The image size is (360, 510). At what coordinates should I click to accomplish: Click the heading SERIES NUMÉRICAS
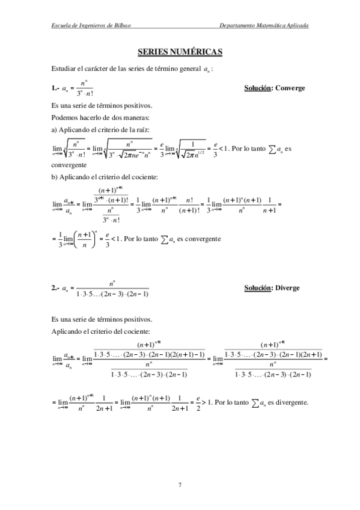(x=180, y=52)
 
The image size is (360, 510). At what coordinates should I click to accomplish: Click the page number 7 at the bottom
(x=180, y=484)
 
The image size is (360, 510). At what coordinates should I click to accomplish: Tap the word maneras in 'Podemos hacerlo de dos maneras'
(x=127, y=117)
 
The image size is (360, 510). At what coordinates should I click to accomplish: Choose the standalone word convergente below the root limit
(x=69, y=164)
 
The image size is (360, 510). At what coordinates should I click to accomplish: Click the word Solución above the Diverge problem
(x=258, y=288)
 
